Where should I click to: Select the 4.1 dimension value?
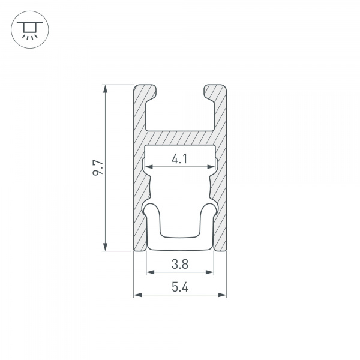[179, 159]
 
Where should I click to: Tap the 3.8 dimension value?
[179, 263]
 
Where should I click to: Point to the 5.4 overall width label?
[179, 287]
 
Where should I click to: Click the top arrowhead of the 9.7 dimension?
[106, 89]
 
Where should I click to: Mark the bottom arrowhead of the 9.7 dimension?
[106, 247]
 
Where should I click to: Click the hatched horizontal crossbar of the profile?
[180, 137]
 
